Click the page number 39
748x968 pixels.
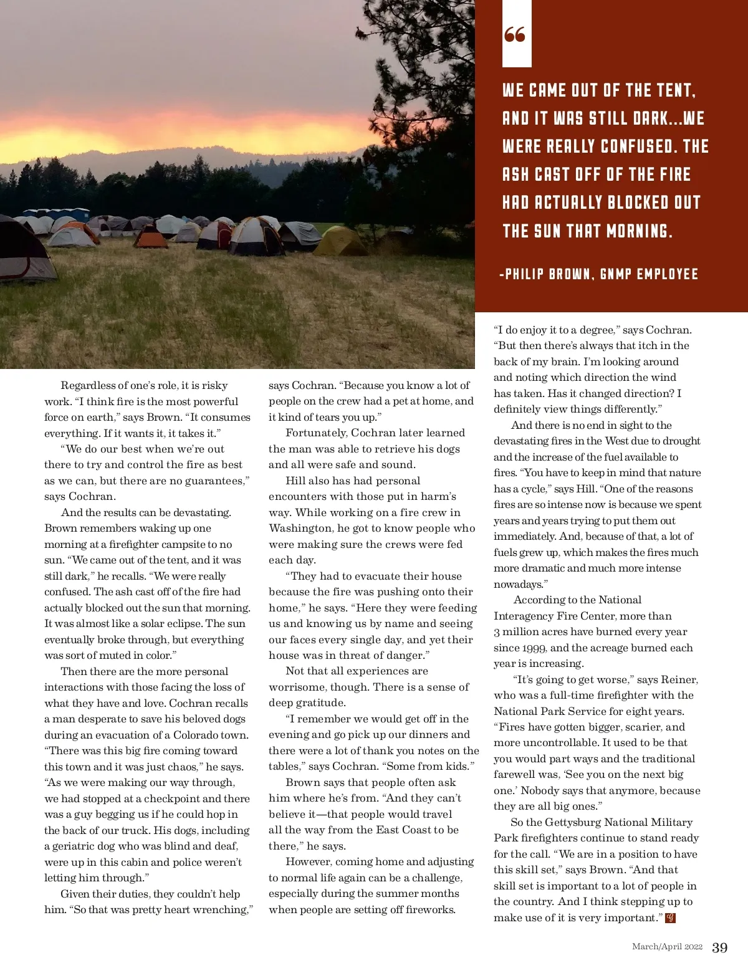(719, 947)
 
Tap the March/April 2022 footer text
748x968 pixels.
(667, 947)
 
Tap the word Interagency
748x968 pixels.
(525, 616)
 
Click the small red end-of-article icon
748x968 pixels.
(671, 918)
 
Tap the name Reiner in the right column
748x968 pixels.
(679, 680)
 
